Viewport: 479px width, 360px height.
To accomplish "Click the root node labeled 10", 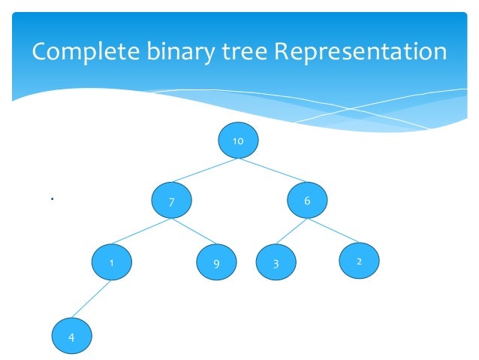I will (x=238, y=141).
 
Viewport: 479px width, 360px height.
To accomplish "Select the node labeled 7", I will (x=172, y=201).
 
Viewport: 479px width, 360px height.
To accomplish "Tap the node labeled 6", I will (x=306, y=201).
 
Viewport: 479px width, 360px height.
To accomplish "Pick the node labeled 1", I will (x=111, y=263).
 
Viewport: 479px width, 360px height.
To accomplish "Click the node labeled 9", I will (x=216, y=264).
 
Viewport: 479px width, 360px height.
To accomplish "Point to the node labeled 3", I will (x=276, y=264).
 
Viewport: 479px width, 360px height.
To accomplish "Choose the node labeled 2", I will (x=359, y=262).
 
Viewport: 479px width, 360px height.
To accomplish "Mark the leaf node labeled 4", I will (x=71, y=337).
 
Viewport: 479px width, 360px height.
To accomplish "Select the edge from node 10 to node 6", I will (x=272, y=171).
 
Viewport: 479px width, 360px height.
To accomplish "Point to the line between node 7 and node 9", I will (x=194, y=233).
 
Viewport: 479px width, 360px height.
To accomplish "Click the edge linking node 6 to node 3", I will (x=292, y=233).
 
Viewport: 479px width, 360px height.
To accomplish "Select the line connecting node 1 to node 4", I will (x=92, y=300).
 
